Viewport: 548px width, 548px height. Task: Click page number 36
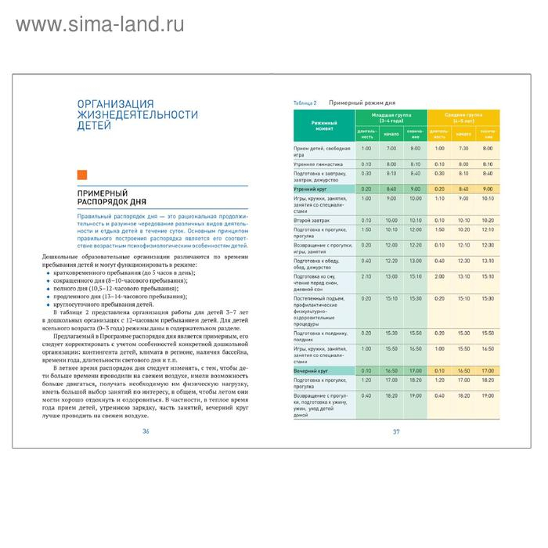point(146,431)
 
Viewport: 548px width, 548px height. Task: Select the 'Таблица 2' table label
point(305,103)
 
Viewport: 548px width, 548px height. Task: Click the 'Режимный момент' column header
point(323,125)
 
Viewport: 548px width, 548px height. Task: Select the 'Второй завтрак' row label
point(312,221)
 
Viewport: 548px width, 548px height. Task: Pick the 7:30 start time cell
point(463,148)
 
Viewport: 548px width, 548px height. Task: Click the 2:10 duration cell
point(366,276)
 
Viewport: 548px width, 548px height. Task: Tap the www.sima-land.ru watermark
point(99,24)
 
